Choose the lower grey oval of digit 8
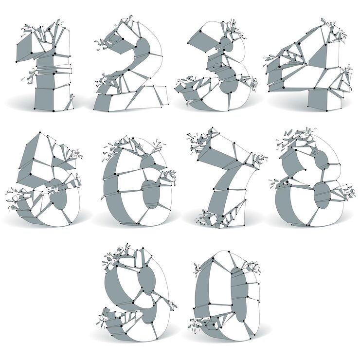(x=322, y=195)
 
